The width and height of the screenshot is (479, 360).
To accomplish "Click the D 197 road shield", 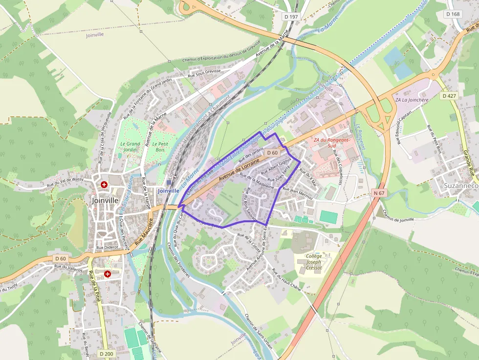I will click(x=290, y=17).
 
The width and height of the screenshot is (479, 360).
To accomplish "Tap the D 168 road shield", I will click(x=453, y=14).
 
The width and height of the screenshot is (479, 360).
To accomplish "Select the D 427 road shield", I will click(x=449, y=96).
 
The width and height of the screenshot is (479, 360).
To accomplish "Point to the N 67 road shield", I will click(x=380, y=193).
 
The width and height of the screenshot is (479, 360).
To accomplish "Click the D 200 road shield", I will click(x=106, y=354).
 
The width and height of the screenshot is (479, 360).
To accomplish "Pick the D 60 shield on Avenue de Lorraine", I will click(x=272, y=153).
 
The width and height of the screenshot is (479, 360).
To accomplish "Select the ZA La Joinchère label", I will click(x=411, y=100).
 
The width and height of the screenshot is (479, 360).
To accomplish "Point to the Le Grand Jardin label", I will click(x=130, y=147).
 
